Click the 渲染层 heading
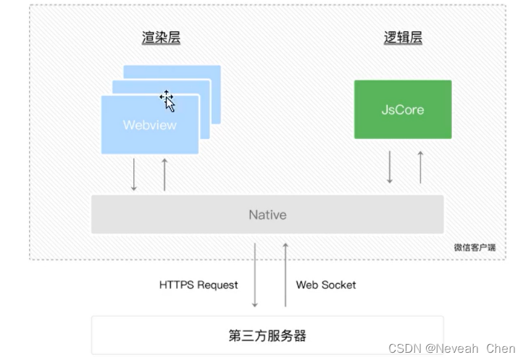pos(160,38)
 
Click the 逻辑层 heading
pos(402,38)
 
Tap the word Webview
pos(149,125)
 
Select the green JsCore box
pos(402,109)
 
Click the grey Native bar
pos(267,214)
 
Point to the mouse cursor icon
pos(167,101)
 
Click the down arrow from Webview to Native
pos(134,175)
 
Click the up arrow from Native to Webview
pos(164,175)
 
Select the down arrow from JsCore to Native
pos(390,167)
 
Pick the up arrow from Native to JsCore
pos(420,167)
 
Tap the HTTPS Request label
pos(198,285)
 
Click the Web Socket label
pos(326,285)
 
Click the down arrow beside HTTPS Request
pos(255,275)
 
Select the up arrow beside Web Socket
pos(285,275)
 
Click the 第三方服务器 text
pos(267,335)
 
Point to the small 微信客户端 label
pos(475,247)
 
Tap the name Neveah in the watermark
pos(459,348)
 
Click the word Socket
pos(339,285)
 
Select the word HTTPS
pos(177,285)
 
